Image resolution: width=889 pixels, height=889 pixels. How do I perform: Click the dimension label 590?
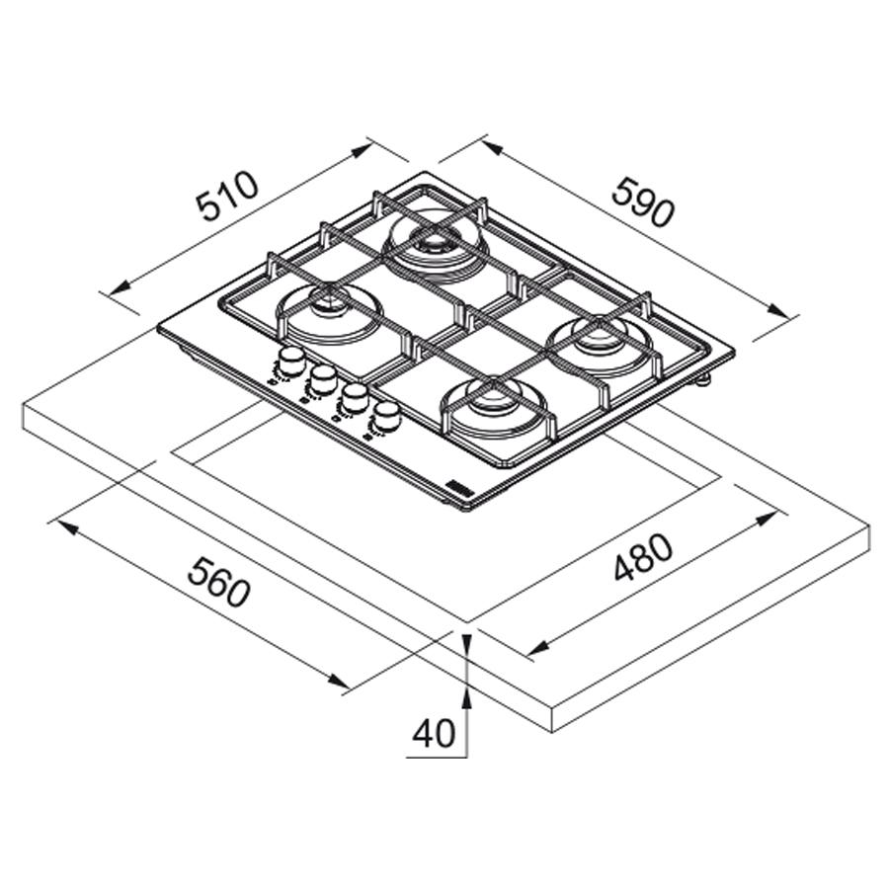pyautogui.click(x=644, y=202)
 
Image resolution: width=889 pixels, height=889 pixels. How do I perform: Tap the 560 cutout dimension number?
pyautogui.click(x=218, y=581)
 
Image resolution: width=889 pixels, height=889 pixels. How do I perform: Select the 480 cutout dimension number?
pyautogui.click(x=643, y=557)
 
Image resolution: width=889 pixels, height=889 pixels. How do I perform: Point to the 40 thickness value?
pyautogui.click(x=433, y=733)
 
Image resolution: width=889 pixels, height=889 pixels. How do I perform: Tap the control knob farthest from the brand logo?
pyautogui.click(x=291, y=359)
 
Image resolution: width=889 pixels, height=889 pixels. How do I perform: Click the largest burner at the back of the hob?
pyautogui.click(x=435, y=243)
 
